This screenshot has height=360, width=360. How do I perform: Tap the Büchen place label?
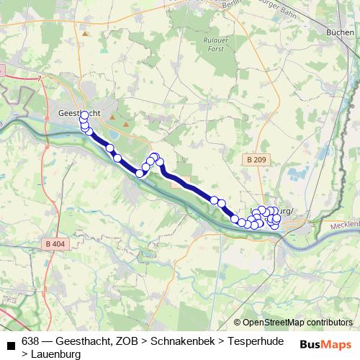coord(340,33)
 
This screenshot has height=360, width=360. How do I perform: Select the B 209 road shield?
coord(254,158)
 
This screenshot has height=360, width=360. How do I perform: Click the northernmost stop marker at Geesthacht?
coord(84,114)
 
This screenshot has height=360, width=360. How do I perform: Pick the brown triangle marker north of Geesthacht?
coord(85,33)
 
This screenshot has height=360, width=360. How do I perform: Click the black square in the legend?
coord(10,346)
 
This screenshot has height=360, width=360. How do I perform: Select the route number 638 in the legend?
coord(30,341)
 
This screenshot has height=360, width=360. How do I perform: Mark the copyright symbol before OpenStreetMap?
coord(237,323)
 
